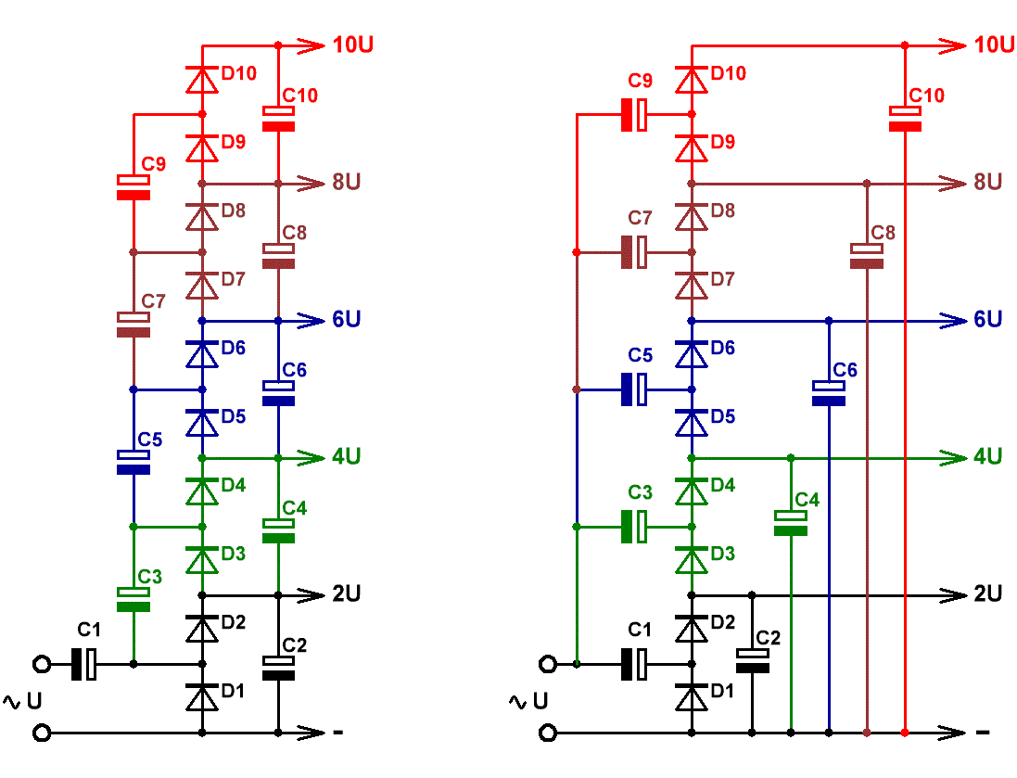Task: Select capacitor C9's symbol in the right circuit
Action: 634,115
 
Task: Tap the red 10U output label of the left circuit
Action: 353,45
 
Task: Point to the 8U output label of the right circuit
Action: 988,182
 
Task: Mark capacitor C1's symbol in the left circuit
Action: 84,664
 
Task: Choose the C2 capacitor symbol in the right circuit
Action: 753,660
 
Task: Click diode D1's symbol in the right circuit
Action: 692,698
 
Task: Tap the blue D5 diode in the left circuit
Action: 202,424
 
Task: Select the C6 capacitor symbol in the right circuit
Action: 829,393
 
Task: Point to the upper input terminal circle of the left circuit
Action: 42,664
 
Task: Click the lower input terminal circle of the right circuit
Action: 548,733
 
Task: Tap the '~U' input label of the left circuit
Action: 22,701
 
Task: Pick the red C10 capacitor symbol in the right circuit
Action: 905,119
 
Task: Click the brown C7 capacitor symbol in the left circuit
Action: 133,325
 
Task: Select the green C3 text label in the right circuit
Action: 640,492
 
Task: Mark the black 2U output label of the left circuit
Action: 347,593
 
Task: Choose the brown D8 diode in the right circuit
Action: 692,217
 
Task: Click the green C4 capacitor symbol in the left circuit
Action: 278,530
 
